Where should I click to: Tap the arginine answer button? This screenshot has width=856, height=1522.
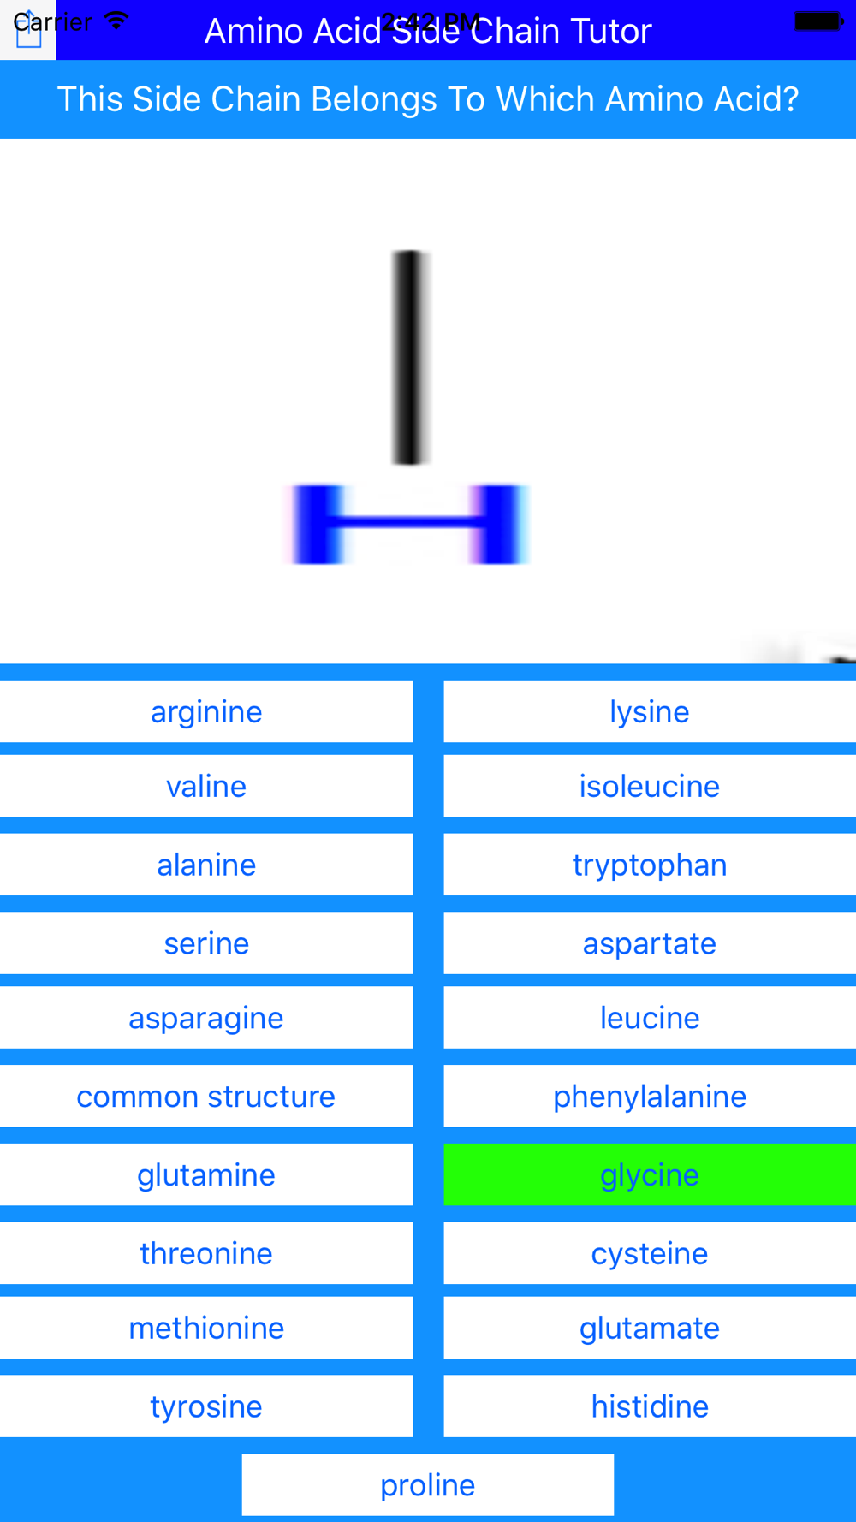coord(206,712)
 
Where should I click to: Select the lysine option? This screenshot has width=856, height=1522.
coord(649,712)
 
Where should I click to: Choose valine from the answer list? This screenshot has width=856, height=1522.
coord(206,787)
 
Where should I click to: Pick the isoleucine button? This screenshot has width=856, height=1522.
coord(649,787)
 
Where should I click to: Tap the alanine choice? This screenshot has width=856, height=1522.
coord(206,865)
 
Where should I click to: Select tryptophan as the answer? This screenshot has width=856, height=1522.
coord(649,865)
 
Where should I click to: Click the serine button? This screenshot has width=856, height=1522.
coord(206,943)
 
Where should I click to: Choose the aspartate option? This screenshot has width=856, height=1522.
coord(649,943)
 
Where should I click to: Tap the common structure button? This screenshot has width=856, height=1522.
coord(206,1097)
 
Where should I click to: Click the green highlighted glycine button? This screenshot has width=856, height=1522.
coord(649,1175)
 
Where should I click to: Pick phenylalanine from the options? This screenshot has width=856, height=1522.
coord(649,1097)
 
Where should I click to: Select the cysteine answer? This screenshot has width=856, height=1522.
coord(649,1254)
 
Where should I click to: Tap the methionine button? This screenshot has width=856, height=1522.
coord(206,1329)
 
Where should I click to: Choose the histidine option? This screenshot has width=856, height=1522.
coord(649,1406)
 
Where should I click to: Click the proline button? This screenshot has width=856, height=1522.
coord(427,1485)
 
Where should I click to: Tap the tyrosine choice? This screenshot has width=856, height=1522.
coord(206,1406)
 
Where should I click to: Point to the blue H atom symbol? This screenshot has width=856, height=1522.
coord(409,523)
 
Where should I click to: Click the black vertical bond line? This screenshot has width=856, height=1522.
coord(411,358)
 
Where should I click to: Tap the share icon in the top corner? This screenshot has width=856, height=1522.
coord(28,31)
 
